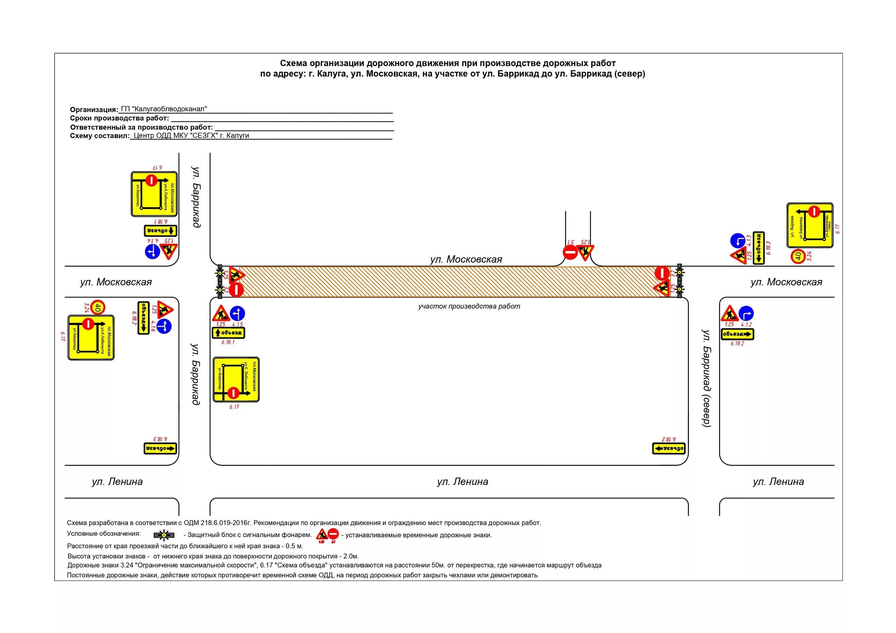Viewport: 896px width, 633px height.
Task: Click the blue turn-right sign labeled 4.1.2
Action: [746, 314]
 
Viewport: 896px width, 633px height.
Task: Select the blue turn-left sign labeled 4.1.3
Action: [737, 240]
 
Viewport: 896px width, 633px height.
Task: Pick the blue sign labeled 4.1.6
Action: [164, 326]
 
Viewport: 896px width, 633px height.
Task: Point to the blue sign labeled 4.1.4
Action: [152, 251]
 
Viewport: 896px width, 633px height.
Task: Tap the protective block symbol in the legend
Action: [164, 535]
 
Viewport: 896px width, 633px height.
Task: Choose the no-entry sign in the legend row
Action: [333, 533]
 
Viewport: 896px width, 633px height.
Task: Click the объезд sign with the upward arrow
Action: [228, 333]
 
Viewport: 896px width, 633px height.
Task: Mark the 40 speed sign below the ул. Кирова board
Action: [798, 256]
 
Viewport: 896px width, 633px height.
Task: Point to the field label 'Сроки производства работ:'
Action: [119, 118]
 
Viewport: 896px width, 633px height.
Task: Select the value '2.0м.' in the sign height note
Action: [351, 556]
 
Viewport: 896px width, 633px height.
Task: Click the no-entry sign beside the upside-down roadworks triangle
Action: [570, 252]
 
